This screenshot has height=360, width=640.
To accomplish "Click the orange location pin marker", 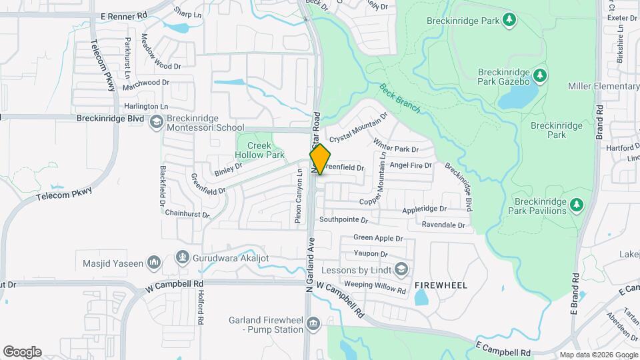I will click(x=320, y=159).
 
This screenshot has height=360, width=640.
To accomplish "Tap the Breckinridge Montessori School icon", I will click(x=156, y=122).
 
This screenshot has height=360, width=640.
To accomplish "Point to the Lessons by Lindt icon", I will click(x=401, y=270).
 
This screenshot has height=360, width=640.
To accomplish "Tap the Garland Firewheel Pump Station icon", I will click(x=314, y=324).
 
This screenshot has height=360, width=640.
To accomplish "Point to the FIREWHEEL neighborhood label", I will click(x=441, y=285).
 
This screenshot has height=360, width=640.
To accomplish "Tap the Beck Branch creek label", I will click(x=399, y=98).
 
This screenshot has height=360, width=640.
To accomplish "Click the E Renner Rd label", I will click(x=124, y=14).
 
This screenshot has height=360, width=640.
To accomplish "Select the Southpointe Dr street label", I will click(x=343, y=219).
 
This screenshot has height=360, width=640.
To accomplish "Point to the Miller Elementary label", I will click(x=603, y=87).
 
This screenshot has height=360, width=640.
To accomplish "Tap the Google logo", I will click(x=22, y=351).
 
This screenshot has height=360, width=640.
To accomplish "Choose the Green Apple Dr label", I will click(x=378, y=238).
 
